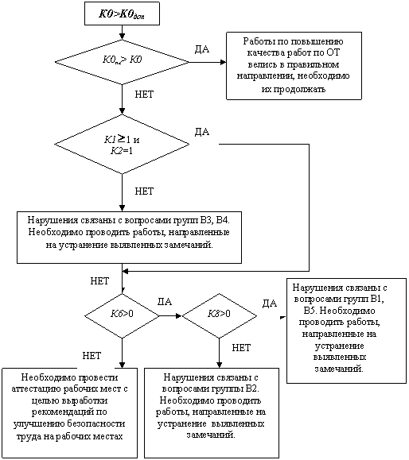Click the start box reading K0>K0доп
coord(122,14)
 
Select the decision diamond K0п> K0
coord(122,62)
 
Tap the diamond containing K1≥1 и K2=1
coord(122,144)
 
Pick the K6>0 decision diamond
coord(122,315)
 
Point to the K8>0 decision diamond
coord(220,315)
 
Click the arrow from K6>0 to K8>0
coord(170,316)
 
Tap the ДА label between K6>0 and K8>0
coord(165,302)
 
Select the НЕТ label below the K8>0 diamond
coord(241,348)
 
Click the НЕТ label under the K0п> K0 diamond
coord(144,95)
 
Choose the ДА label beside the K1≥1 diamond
coord(202,132)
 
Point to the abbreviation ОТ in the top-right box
coord(333,52)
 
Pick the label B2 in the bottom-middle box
coord(252,389)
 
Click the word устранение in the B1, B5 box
coord(339,346)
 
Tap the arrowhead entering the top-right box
coord(224,62)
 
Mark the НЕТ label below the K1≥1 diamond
coord(144,191)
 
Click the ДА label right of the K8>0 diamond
coord(270,303)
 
